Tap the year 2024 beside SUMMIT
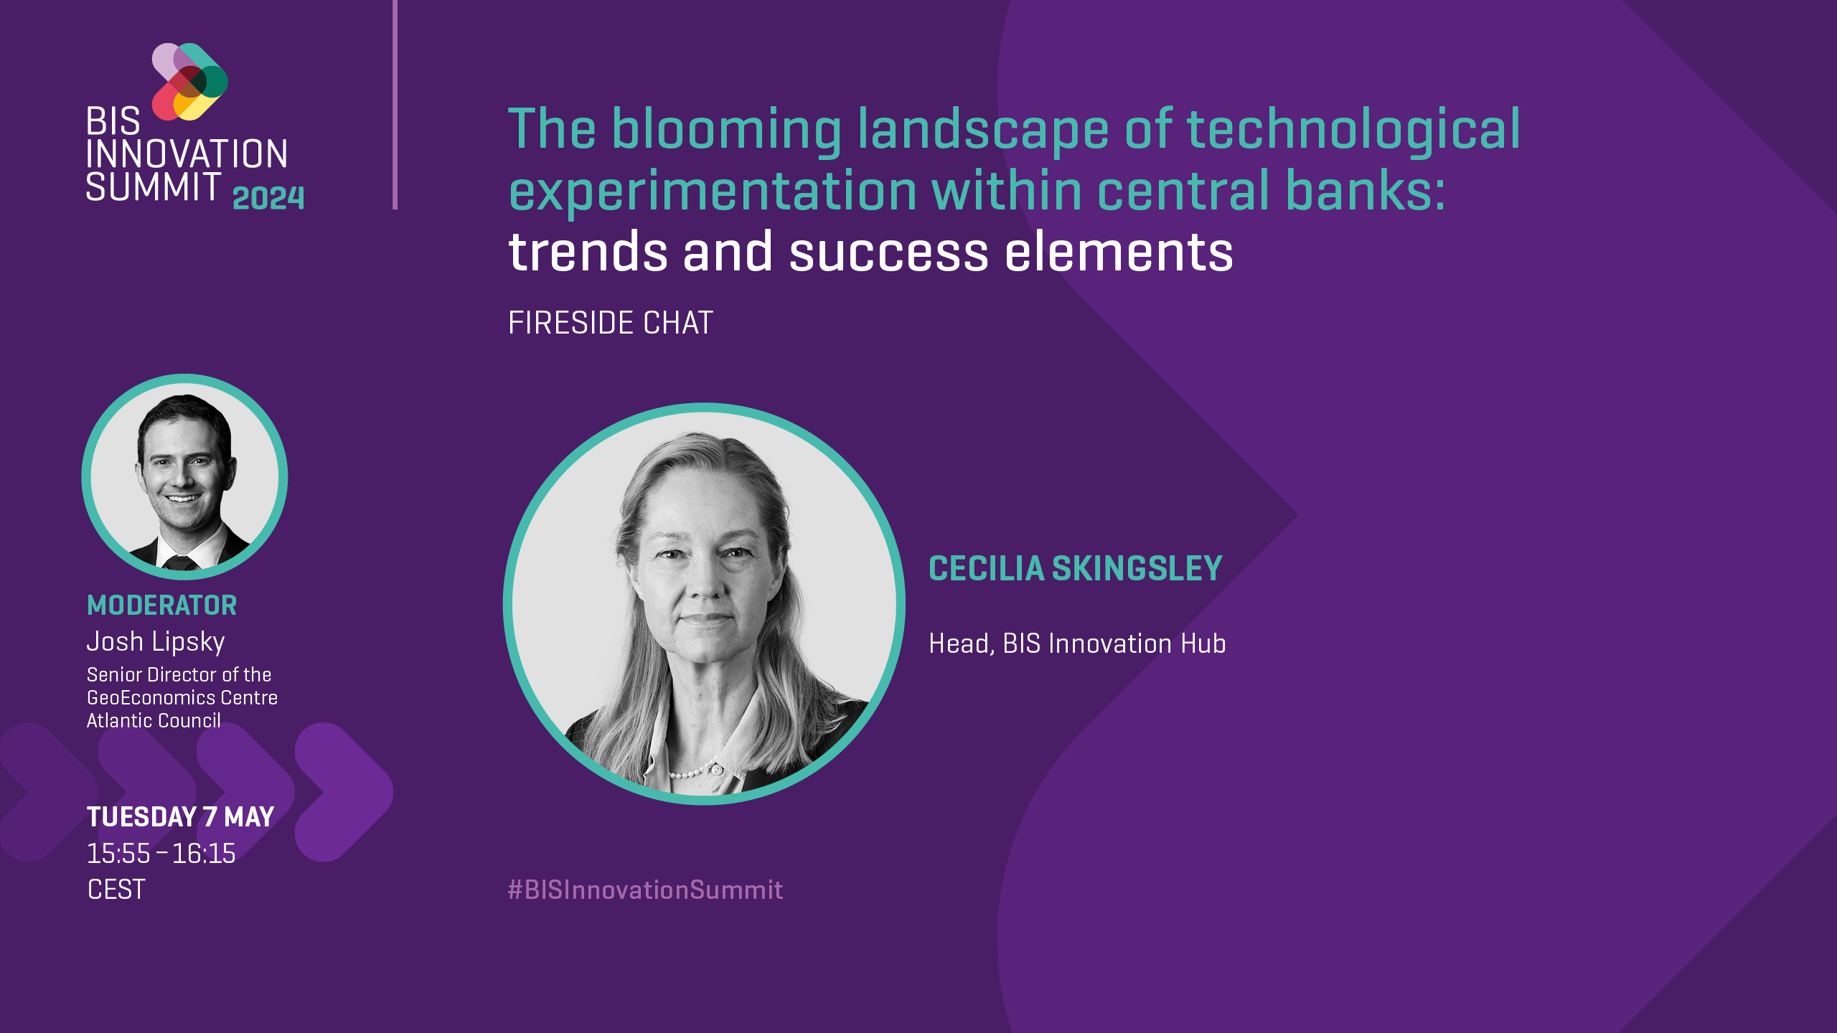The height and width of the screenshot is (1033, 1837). tap(268, 198)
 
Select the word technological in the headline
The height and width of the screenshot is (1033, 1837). tap(1353, 131)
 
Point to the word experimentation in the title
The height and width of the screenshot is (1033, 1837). tap(713, 192)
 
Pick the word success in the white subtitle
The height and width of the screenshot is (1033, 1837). tap(889, 253)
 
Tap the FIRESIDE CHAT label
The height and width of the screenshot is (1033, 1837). tap(611, 323)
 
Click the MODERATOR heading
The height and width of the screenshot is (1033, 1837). tap(161, 605)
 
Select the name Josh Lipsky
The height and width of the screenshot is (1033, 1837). tap(156, 642)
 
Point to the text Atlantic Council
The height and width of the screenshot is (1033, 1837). tap(154, 720)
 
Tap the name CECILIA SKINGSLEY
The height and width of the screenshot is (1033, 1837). tap(1076, 569)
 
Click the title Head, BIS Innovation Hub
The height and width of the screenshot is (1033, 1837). tap(1078, 643)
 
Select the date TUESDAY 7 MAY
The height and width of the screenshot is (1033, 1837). tap(181, 817)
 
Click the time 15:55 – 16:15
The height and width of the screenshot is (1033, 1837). tap(161, 854)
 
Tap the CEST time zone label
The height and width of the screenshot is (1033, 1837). tap(116, 890)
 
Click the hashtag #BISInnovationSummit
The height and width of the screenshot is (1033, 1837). tap(646, 890)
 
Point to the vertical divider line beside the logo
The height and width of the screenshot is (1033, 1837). tap(395, 105)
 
